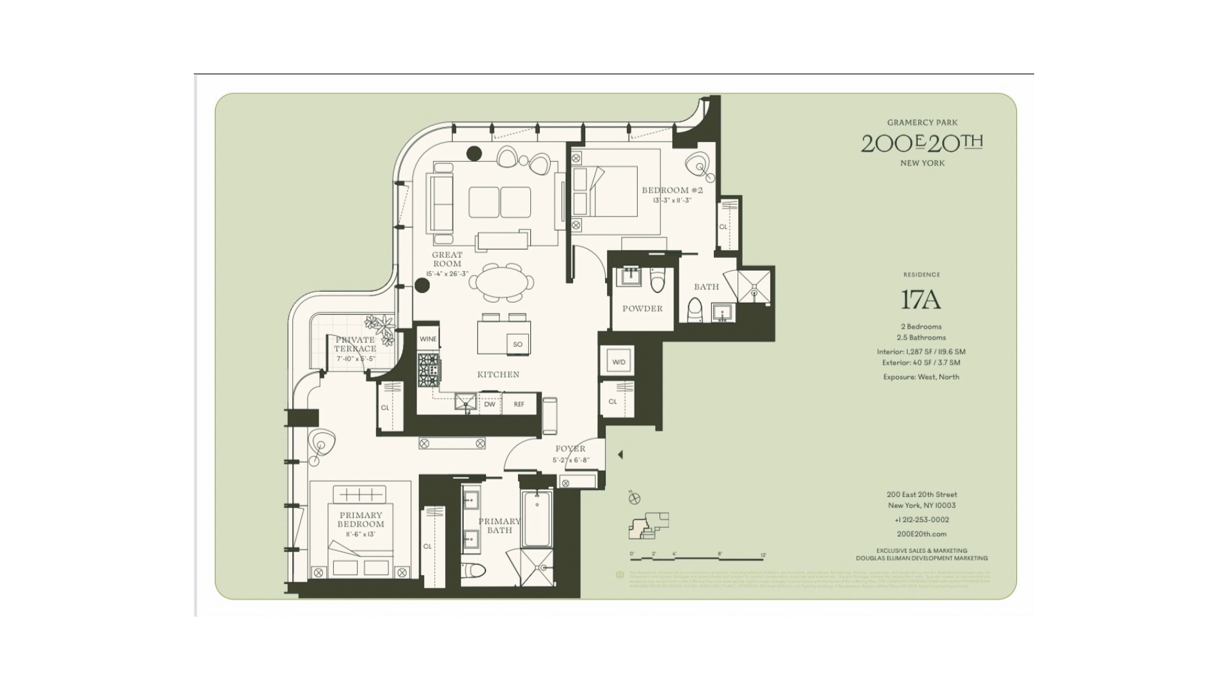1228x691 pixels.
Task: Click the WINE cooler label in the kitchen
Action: pos(428,339)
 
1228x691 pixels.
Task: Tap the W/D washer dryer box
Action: pos(618,362)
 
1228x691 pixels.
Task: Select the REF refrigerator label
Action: pos(519,404)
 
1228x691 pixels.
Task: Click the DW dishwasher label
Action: pos(489,404)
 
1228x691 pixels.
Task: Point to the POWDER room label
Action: pos(642,308)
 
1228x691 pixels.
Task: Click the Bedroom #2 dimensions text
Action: pos(672,200)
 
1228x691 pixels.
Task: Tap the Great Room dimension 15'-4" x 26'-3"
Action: pos(447,274)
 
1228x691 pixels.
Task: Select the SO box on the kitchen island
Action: pos(517,344)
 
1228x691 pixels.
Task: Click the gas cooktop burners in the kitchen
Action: pos(429,370)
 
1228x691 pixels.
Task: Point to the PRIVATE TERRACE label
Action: pos(355,344)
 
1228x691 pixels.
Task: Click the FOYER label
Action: pos(570,449)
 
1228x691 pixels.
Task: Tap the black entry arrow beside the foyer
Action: pos(620,454)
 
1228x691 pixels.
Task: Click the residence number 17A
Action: pos(921,299)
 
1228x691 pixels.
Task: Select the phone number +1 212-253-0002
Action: pos(922,520)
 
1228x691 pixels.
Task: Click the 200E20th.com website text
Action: pos(922,534)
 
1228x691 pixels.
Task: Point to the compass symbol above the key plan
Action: pos(634,498)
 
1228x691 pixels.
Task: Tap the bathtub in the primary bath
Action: pos(537,518)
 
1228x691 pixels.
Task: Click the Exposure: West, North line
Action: pos(921,377)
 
